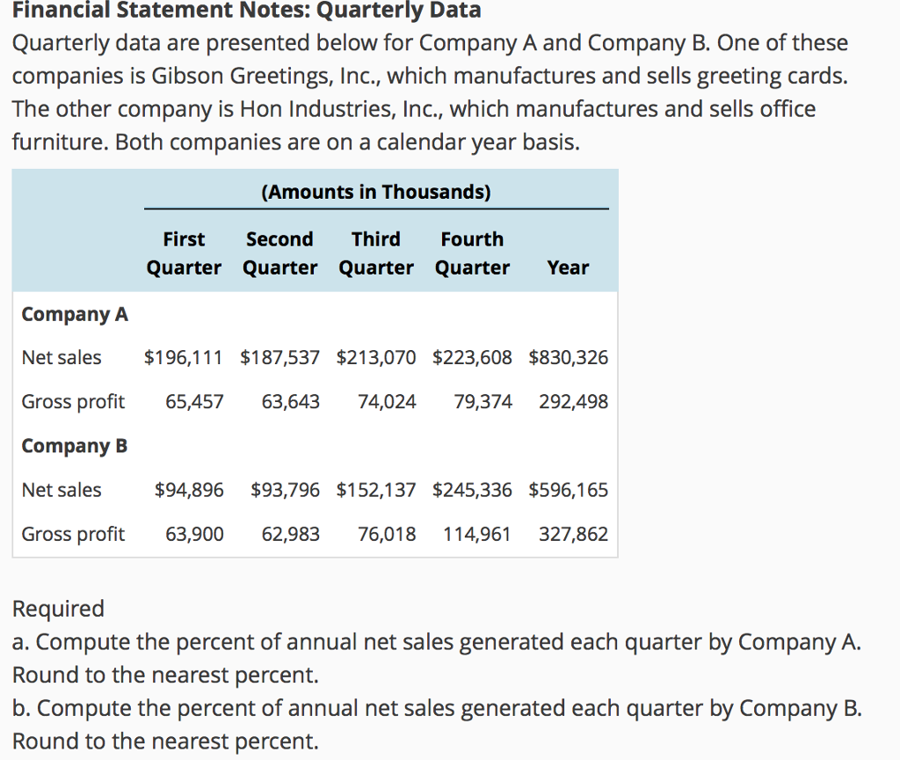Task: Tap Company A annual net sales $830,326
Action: pyautogui.click(x=568, y=358)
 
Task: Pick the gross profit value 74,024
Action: pyautogui.click(x=387, y=402)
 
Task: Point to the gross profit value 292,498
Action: pyautogui.click(x=572, y=402)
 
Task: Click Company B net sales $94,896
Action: pyautogui.click(x=188, y=490)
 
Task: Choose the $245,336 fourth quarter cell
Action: pyautogui.click(x=472, y=490)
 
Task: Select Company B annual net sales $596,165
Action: pyautogui.click(x=568, y=490)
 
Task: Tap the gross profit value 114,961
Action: pyautogui.click(x=476, y=534)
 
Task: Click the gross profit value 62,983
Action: pyautogui.click(x=290, y=534)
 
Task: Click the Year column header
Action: pyautogui.click(x=568, y=267)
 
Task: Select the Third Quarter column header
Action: pyautogui.click(x=376, y=253)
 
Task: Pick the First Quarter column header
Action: pyautogui.click(x=184, y=253)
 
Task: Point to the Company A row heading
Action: pyautogui.click(x=75, y=314)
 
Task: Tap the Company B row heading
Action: pyautogui.click(x=75, y=446)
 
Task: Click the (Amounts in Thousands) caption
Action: pyautogui.click(x=376, y=193)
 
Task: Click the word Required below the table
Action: pyautogui.click(x=58, y=609)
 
